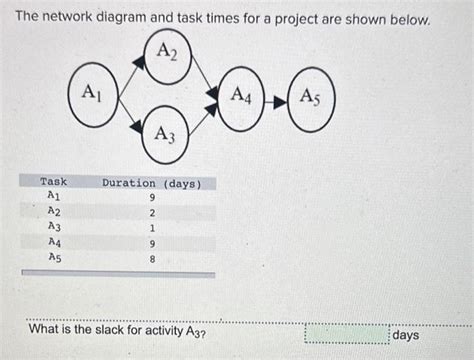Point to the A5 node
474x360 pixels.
pyautogui.click(x=311, y=100)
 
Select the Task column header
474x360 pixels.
pyautogui.click(x=53, y=182)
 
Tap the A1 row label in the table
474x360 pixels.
pyautogui.click(x=53, y=197)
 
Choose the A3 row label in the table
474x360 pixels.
pyautogui.click(x=53, y=227)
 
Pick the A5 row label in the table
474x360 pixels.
pyautogui.click(x=53, y=257)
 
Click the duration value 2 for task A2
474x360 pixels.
pyautogui.click(x=152, y=213)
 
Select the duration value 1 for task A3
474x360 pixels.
pyautogui.click(x=152, y=228)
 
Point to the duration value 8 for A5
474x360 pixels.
pyautogui.click(x=152, y=258)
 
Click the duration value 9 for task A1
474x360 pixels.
pyautogui.click(x=152, y=198)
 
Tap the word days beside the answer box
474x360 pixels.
pyautogui.click(x=406, y=335)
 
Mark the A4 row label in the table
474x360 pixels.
pyautogui.click(x=53, y=242)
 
